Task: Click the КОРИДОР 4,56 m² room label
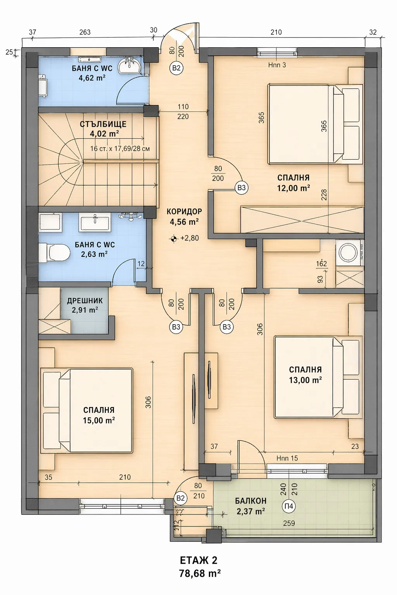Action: click(x=184, y=217)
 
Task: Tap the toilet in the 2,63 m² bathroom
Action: click(x=54, y=253)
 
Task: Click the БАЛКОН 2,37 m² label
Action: click(x=250, y=506)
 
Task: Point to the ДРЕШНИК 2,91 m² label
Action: click(x=85, y=305)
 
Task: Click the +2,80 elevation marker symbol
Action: click(x=173, y=239)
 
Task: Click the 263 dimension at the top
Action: click(x=85, y=32)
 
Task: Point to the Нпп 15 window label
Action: click(x=287, y=458)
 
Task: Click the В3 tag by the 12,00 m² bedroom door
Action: click(x=242, y=188)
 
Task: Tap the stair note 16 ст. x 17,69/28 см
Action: click(x=120, y=148)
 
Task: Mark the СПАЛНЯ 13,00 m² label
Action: click(x=306, y=375)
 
